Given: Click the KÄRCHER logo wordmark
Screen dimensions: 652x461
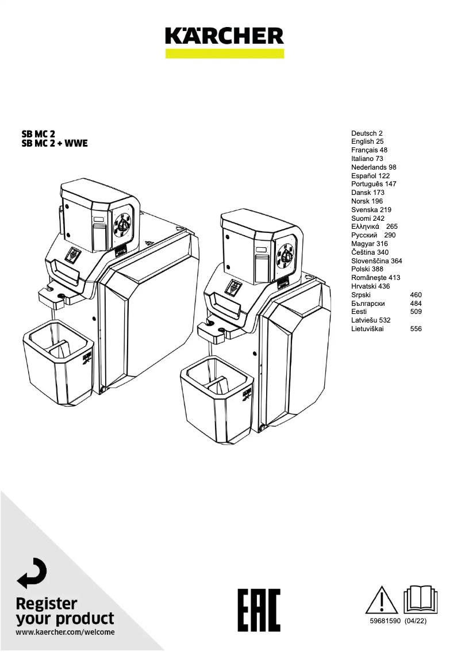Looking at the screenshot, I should click(x=224, y=36).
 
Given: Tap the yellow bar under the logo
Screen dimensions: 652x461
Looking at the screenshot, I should click(x=224, y=53).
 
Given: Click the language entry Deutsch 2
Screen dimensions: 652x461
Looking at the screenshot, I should click(x=367, y=133).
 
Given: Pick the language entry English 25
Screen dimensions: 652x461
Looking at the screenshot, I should click(x=367, y=141).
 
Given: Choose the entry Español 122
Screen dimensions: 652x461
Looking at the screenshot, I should click(x=370, y=175).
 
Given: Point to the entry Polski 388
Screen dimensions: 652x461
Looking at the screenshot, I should click(x=367, y=269).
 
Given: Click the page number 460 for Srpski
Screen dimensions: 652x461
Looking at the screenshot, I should click(x=416, y=295).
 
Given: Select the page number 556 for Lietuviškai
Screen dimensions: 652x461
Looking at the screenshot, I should click(x=416, y=329).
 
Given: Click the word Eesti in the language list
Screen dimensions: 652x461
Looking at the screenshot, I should click(x=359, y=312).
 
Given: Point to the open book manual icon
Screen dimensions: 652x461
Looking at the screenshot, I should click(x=421, y=600).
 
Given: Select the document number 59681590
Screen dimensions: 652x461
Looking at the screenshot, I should click(x=385, y=622).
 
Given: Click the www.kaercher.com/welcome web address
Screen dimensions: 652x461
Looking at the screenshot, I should click(x=65, y=632).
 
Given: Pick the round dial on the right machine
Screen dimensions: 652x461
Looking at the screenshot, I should click(x=283, y=253).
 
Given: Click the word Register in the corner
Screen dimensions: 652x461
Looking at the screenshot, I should click(x=47, y=604).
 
